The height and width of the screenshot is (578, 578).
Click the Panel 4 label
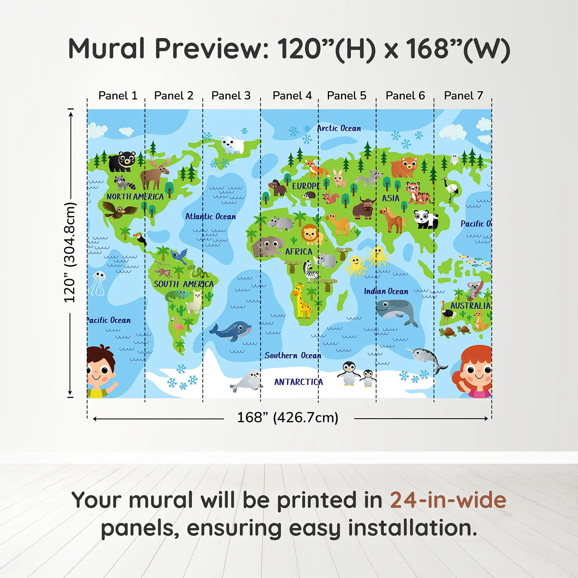point(292,96)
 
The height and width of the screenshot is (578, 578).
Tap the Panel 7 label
point(463,96)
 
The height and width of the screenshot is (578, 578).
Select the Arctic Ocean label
point(339,128)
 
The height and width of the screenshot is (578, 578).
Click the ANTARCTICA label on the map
point(298,382)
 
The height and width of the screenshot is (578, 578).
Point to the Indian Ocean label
point(386,291)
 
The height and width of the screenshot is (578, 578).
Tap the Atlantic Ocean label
point(211,216)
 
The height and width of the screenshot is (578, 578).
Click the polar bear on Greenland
point(232,144)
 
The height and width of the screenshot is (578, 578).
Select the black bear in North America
point(122,161)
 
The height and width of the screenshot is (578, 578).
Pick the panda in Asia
point(426,219)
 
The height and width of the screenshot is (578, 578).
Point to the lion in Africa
point(311,234)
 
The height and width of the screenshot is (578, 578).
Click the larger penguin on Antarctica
point(348,373)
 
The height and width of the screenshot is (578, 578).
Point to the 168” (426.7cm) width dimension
point(287,417)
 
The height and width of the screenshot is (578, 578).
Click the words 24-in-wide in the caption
point(448,500)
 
